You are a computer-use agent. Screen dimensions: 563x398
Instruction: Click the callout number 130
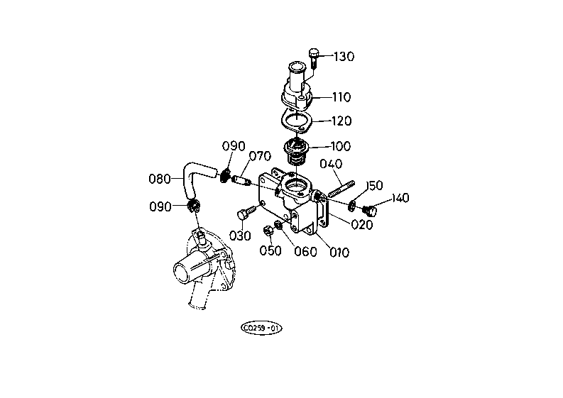click(344, 56)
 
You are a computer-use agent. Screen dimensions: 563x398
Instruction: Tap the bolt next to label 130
click(312, 58)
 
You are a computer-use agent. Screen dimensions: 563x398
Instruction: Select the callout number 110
click(341, 97)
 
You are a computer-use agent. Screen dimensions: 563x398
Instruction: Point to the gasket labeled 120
click(296, 121)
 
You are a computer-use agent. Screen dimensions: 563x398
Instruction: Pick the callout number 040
click(331, 164)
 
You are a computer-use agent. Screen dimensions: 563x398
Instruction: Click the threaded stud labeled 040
click(341, 189)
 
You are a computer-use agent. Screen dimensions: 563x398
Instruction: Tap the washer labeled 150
click(352, 205)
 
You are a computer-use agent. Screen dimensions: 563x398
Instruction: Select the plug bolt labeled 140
click(370, 210)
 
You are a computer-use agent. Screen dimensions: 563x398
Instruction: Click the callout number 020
click(362, 225)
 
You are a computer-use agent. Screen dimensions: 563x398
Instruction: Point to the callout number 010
click(339, 253)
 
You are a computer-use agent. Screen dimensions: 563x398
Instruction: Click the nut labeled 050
click(268, 231)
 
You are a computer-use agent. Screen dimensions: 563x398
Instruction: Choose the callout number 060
click(305, 252)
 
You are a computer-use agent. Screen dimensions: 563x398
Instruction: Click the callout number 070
click(260, 156)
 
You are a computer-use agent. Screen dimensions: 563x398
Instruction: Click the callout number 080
click(160, 179)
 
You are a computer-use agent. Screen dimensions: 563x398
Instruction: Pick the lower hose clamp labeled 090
click(194, 206)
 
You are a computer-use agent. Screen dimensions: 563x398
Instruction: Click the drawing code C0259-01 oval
click(261, 328)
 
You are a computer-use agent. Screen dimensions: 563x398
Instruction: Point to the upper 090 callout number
click(234, 146)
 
